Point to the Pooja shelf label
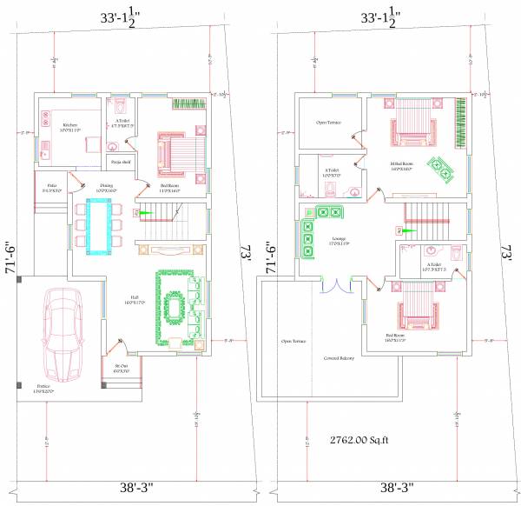click(121, 161)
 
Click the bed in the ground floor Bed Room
click(179, 153)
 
